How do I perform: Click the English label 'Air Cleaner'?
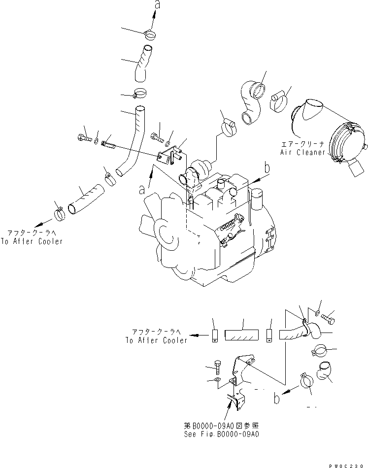coord(302,153)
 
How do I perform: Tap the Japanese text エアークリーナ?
coord(302,145)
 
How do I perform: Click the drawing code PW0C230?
coord(350,464)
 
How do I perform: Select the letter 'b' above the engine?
coord(267,168)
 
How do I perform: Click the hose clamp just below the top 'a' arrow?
coord(151,34)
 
